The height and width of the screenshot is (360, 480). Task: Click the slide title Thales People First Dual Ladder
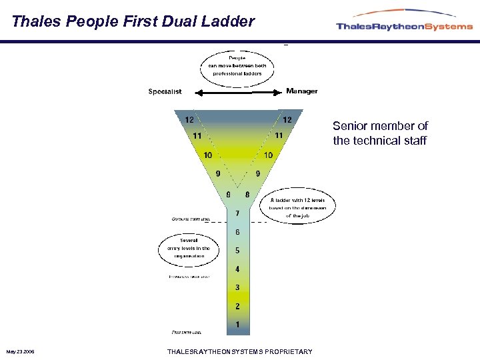click(x=133, y=21)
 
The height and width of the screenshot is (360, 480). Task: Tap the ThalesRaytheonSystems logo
click(x=404, y=24)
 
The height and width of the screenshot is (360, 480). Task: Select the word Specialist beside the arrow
click(x=165, y=92)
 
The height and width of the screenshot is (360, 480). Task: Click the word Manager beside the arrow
click(x=301, y=91)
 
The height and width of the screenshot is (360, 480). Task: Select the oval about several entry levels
click(x=184, y=248)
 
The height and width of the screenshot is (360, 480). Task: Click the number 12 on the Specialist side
click(x=190, y=120)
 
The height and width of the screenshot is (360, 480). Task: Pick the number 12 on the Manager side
click(x=287, y=120)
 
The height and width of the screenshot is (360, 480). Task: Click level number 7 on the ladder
click(x=237, y=213)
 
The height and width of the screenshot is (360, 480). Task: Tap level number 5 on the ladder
click(x=237, y=251)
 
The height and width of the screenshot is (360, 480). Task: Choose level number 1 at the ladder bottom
click(x=237, y=324)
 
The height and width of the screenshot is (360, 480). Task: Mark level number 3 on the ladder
click(x=237, y=287)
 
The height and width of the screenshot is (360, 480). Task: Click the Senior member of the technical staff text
click(x=380, y=133)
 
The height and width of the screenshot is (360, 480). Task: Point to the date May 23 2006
click(x=21, y=351)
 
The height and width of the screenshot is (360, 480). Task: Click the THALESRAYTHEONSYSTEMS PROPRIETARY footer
click(x=239, y=351)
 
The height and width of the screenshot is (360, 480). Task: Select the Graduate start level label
click(x=191, y=218)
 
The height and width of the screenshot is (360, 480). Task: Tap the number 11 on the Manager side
click(x=279, y=135)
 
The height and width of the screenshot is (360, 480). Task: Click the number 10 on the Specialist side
click(x=208, y=155)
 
